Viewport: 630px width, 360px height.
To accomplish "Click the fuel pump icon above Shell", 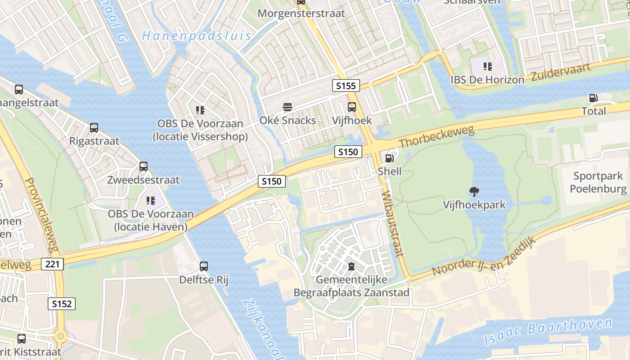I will [389, 158].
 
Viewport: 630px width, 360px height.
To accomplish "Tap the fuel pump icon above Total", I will [594, 98].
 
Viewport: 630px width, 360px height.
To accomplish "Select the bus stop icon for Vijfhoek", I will [352, 107].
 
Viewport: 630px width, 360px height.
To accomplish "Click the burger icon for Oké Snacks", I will [288, 107].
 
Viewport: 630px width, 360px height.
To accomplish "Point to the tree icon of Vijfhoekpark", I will [474, 192].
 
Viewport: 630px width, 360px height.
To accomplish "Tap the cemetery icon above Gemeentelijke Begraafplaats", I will [351, 266].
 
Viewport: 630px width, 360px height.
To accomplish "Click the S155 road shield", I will [346, 85].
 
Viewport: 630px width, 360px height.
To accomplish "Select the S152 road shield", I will [62, 304].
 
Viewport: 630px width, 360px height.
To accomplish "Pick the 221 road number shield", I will [52, 264].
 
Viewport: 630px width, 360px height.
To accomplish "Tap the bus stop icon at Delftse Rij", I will [204, 266].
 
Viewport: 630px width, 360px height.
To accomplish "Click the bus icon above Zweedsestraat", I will [144, 166].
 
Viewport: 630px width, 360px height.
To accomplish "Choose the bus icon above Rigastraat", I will [94, 128].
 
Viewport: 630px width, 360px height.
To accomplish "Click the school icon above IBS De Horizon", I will [488, 67].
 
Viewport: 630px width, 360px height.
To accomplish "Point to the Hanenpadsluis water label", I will [196, 36].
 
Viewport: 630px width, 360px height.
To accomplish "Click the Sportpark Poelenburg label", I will [598, 182].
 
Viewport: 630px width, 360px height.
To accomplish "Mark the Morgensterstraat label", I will [301, 13].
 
